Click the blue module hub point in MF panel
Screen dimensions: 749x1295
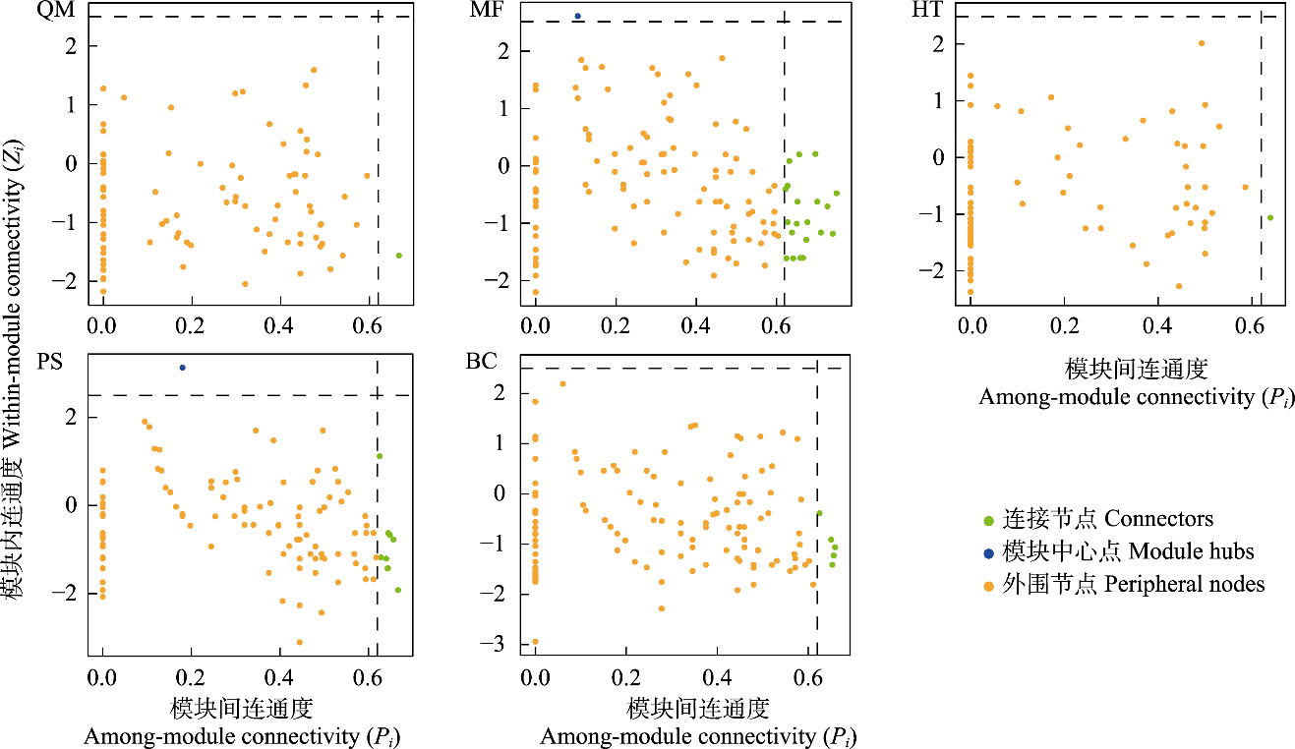[577, 16]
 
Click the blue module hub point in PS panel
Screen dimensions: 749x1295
[182, 368]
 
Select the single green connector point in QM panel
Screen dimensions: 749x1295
[398, 256]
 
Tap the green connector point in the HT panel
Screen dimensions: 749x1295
[1269, 217]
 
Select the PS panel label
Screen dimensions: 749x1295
[49, 362]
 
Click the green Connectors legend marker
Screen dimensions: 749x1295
[991, 519]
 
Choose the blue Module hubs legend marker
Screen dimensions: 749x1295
[991, 551]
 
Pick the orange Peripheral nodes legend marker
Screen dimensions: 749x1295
[991, 585]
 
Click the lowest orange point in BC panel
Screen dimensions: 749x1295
[535, 642]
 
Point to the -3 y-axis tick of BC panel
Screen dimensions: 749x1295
[510, 644]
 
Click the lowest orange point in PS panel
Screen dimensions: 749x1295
[299, 642]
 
